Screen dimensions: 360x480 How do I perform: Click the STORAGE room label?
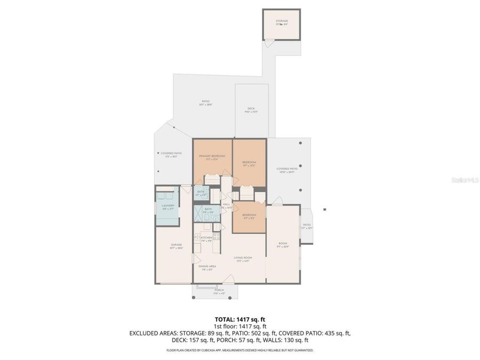pos(282,21)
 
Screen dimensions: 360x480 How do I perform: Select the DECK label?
pos(251,109)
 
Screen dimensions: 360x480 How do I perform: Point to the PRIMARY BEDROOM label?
pos(212,156)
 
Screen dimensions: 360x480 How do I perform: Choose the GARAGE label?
pos(169,245)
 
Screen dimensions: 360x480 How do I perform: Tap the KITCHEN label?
pos(206,237)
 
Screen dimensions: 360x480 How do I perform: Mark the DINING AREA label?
pos(207,267)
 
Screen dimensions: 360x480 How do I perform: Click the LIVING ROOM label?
pos(243,258)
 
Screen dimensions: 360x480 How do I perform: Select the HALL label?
pos(226,204)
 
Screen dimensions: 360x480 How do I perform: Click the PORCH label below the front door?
pos(219,290)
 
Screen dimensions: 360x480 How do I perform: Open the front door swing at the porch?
pos(228,279)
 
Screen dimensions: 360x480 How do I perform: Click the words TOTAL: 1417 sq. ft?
pos(239,319)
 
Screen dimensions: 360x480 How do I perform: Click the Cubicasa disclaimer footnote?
pos(239,350)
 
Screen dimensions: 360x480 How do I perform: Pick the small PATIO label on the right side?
pos(306,226)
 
